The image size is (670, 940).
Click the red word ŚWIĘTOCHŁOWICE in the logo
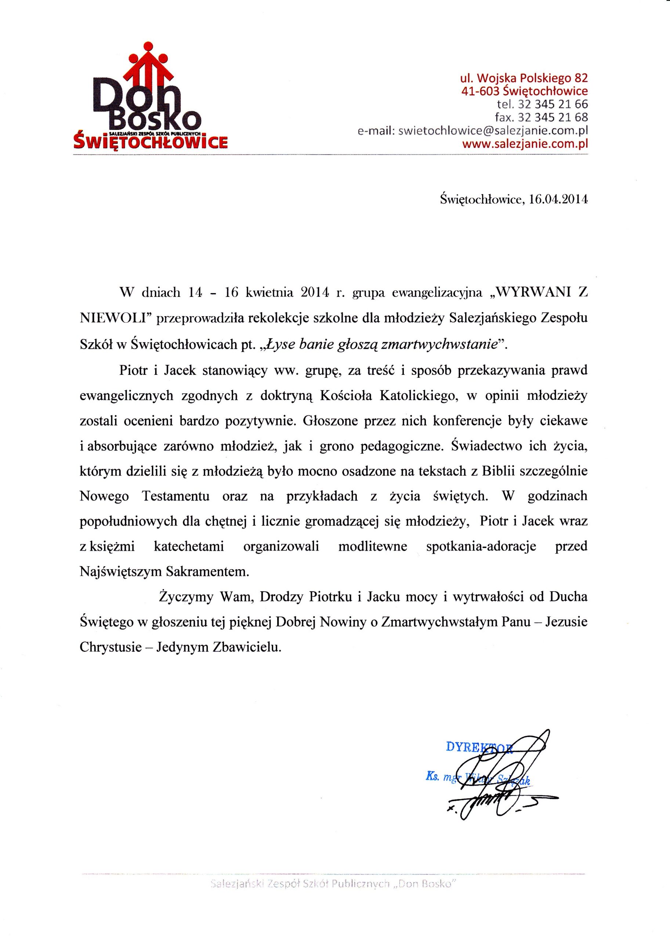pos(150,142)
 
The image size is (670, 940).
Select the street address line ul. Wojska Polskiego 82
pos(524,78)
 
